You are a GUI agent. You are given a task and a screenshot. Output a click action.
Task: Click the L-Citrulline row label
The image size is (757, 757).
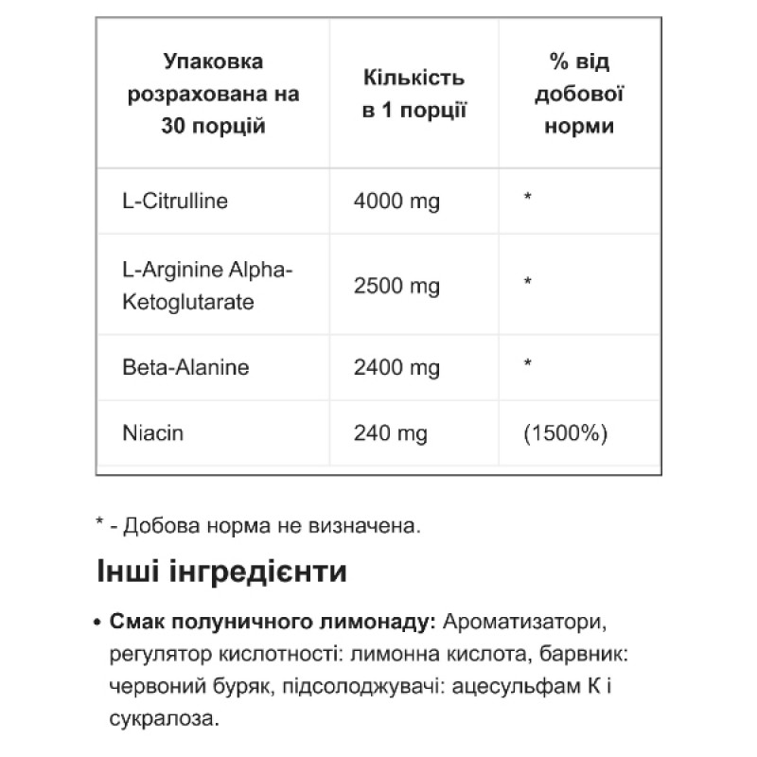click(176, 201)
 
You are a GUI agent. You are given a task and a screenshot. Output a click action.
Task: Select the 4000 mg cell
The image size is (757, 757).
click(396, 201)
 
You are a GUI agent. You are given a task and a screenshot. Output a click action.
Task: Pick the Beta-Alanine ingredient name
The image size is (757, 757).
click(185, 366)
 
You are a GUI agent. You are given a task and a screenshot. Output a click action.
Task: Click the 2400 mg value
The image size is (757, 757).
click(396, 366)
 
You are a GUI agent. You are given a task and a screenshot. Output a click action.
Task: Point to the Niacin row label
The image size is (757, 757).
click(153, 433)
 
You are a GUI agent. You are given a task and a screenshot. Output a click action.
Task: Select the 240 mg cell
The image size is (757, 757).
click(390, 433)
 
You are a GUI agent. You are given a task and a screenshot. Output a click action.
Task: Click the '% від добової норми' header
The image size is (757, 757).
click(579, 94)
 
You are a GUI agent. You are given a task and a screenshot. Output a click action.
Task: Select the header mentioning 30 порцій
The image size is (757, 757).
click(213, 94)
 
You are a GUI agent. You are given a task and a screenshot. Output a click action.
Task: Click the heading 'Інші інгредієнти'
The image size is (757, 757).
click(221, 572)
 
